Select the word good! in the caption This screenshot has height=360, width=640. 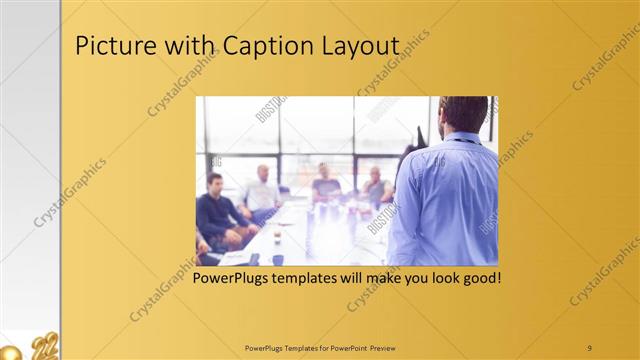(x=477, y=277)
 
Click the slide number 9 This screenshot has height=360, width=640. (x=590, y=347)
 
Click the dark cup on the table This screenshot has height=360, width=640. (x=277, y=259)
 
